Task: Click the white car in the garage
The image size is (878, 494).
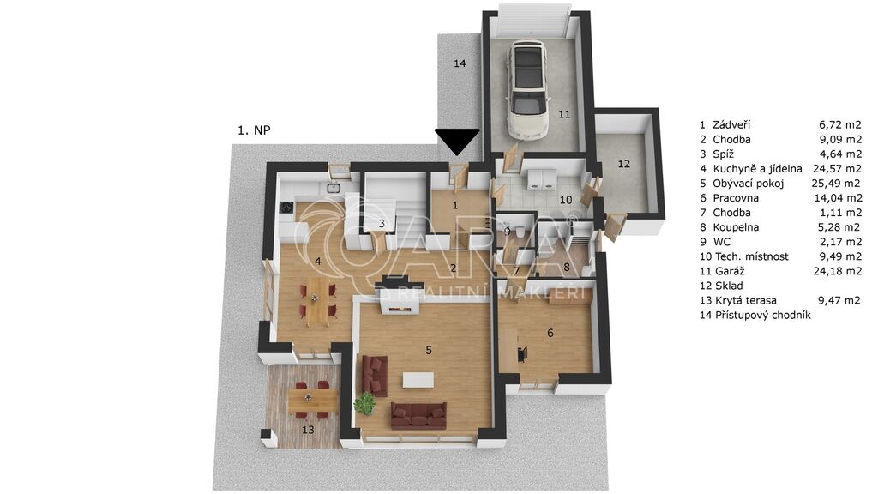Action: click(526, 89)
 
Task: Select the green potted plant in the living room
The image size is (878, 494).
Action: click(365, 403)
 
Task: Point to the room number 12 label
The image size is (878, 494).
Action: click(624, 164)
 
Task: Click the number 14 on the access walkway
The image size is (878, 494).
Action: click(460, 63)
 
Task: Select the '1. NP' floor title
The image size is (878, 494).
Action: click(254, 130)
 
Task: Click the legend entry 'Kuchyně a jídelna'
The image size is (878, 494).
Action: click(757, 169)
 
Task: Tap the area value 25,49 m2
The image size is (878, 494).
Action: click(837, 184)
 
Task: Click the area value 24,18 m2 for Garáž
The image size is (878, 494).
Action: click(837, 271)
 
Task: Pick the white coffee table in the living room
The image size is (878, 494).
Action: click(418, 380)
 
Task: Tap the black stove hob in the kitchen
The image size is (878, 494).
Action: click(286, 208)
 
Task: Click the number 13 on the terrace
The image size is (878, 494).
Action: click(308, 431)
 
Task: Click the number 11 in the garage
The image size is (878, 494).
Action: click(564, 114)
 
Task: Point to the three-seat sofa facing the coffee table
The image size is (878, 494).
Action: click(418, 415)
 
